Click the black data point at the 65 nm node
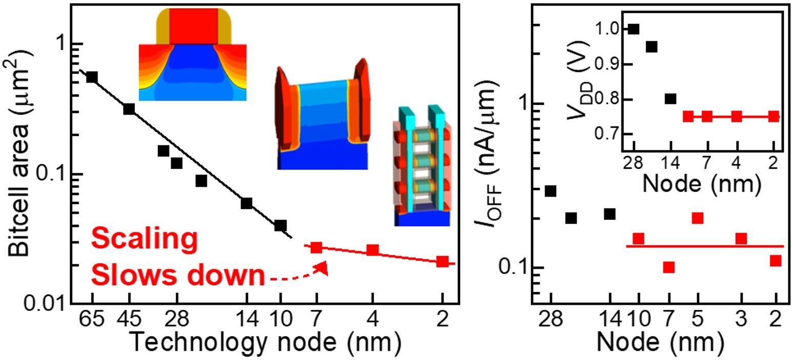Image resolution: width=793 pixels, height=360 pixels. (x=92, y=77)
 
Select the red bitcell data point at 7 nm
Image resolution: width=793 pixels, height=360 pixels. (x=317, y=247)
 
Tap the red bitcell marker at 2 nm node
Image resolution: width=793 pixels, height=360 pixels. (x=443, y=261)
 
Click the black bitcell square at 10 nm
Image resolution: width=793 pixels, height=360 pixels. (x=280, y=225)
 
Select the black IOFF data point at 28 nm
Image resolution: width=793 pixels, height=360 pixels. (x=551, y=191)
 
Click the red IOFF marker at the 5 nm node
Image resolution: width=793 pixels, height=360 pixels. (x=697, y=218)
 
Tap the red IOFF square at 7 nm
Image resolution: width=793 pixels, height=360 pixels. (x=668, y=267)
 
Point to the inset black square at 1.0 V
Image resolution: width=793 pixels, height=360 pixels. (x=634, y=29)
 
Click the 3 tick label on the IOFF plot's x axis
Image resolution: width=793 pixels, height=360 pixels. (x=741, y=322)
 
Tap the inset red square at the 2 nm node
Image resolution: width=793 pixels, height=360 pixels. (x=774, y=116)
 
